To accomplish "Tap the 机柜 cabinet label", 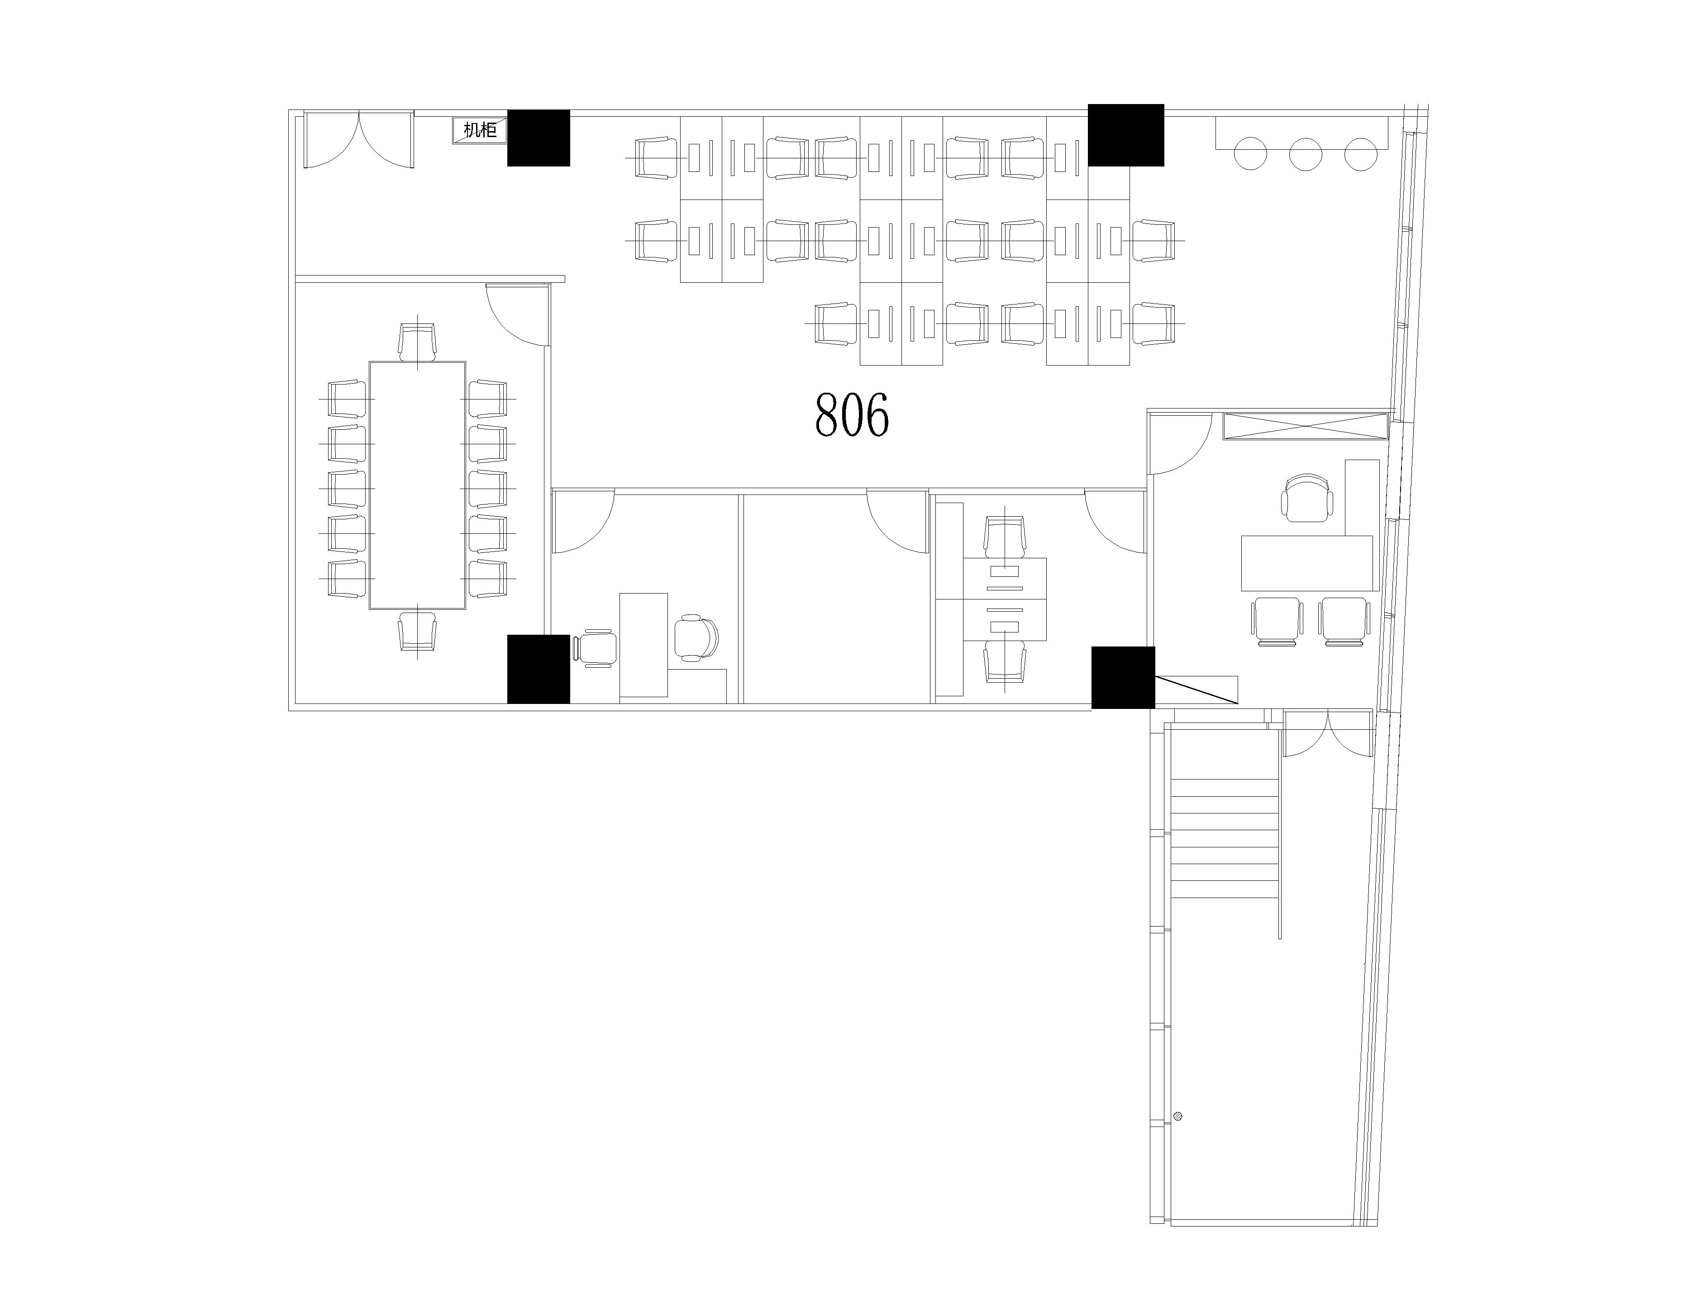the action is click(x=479, y=130).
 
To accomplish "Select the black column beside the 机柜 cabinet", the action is click(x=539, y=138).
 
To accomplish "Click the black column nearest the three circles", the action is click(x=1126, y=135).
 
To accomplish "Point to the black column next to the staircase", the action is click(x=1124, y=677).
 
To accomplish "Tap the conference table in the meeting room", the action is click(x=417, y=485).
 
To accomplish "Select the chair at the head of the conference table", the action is click(x=417, y=342).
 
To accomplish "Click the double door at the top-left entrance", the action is click(x=358, y=140).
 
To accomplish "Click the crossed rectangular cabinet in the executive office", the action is click(x=1306, y=427).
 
